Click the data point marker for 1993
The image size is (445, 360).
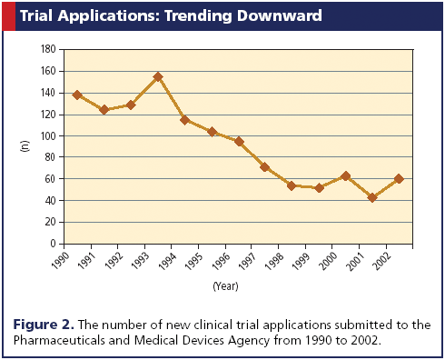[x=157, y=77]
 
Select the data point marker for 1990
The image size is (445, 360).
[x=76, y=95]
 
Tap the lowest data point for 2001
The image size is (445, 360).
[x=371, y=197]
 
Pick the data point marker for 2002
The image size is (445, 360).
[x=399, y=179]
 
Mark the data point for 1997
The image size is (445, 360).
[x=264, y=167]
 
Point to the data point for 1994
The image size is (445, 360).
[x=184, y=120]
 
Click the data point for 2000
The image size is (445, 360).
[x=345, y=176]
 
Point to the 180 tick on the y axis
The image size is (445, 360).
[x=51, y=49]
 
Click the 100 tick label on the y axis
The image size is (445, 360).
[x=51, y=135]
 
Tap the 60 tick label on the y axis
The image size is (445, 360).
[x=53, y=179]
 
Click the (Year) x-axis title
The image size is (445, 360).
[x=225, y=286]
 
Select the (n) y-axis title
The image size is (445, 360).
[x=24, y=146]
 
